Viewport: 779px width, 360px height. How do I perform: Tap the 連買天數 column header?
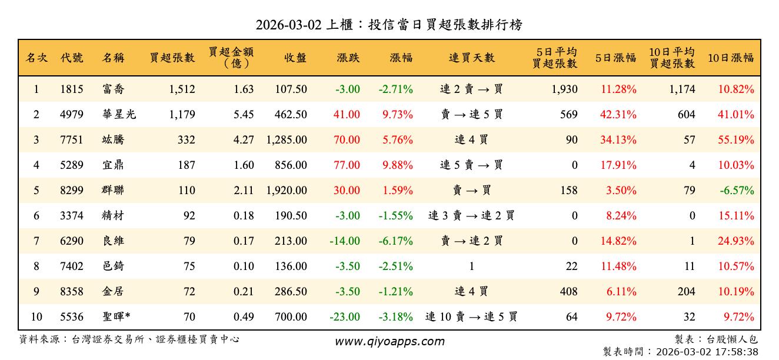pos(471,58)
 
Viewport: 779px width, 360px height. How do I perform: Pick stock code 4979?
pos(72,115)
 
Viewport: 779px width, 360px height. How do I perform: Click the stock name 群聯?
pos(112,191)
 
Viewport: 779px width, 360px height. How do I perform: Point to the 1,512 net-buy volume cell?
pos(181,89)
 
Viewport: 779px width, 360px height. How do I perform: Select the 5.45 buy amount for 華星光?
pos(244,115)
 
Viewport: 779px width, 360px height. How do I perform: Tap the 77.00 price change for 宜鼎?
pos(347,165)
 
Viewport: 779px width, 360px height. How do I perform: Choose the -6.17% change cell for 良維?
pos(395,241)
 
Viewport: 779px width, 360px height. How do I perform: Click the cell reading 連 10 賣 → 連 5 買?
pos(471,317)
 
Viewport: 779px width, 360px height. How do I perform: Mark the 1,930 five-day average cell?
pos(565,89)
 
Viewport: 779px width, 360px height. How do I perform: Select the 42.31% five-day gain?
pos(618,115)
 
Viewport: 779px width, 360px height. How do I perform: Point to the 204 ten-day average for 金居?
pos(686,292)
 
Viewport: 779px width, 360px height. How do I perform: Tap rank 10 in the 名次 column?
pos(36,317)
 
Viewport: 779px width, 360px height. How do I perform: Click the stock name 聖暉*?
pos(116,317)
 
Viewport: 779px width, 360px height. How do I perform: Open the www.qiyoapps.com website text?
pos(389,342)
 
